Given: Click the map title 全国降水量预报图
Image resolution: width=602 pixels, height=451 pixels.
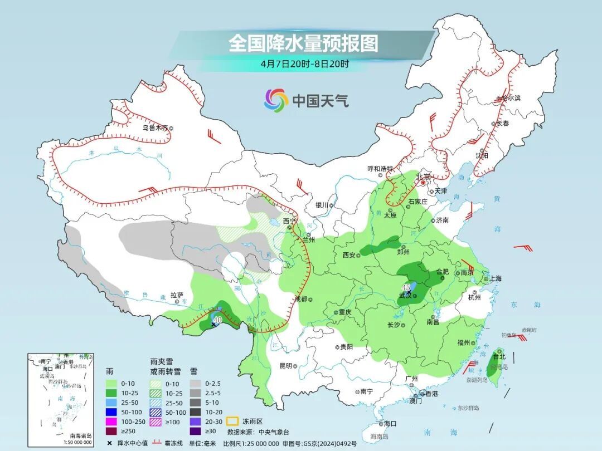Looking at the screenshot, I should [x=303, y=43].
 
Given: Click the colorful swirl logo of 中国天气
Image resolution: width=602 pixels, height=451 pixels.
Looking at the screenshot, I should [x=276, y=100].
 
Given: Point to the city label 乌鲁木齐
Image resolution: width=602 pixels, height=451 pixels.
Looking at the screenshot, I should [x=154, y=128].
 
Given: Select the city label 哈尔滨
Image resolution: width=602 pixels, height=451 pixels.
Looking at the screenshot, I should [x=509, y=98].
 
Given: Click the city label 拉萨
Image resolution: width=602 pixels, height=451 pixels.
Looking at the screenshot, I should [x=177, y=295].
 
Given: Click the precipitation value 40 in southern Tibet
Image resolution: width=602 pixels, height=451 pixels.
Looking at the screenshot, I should [x=217, y=320].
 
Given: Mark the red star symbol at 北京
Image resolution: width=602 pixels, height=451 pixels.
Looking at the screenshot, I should [x=423, y=182].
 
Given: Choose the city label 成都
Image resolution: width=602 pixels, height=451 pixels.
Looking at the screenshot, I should [x=300, y=299].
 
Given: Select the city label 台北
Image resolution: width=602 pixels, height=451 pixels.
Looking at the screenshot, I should [x=498, y=356].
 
